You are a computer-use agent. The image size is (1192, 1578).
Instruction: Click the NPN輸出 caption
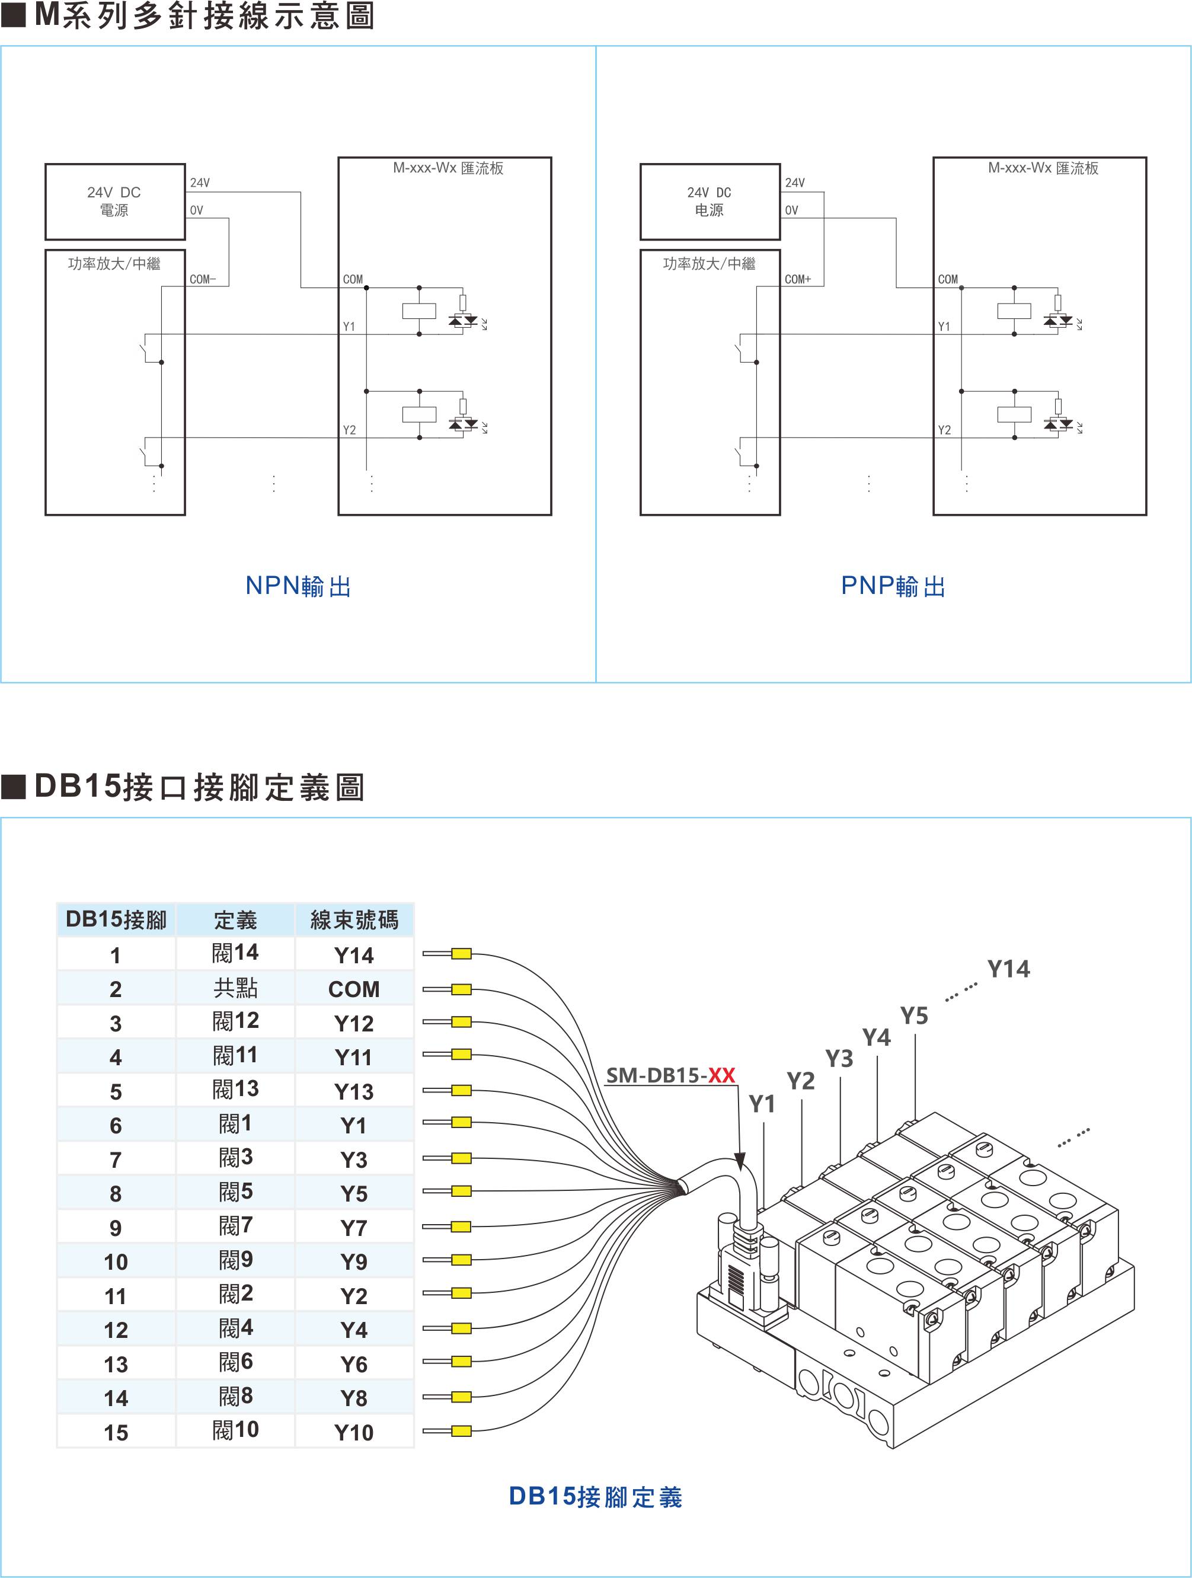(298, 586)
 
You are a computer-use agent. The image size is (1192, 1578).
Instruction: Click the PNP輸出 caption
(893, 586)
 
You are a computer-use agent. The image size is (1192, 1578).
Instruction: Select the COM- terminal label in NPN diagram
(203, 280)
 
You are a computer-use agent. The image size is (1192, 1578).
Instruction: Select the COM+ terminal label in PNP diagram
(797, 280)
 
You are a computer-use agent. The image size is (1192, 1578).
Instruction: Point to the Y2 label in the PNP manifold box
(944, 430)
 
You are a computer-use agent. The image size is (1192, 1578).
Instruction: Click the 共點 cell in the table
(235, 988)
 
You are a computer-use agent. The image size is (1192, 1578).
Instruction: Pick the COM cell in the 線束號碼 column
(354, 989)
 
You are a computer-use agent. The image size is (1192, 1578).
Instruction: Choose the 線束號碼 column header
(354, 919)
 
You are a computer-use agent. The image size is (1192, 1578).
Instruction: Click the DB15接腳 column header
(116, 919)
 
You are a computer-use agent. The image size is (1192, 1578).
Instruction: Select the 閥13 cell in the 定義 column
(235, 1090)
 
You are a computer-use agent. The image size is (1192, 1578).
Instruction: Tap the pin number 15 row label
(116, 1432)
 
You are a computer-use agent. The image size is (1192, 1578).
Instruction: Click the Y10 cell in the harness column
(354, 1432)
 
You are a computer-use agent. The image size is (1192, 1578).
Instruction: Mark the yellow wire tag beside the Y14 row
(461, 954)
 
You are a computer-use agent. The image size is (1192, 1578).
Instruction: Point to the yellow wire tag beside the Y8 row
(461, 1397)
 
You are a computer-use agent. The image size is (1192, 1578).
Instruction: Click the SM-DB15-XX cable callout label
(670, 1075)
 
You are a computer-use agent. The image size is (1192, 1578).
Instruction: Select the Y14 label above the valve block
(1008, 969)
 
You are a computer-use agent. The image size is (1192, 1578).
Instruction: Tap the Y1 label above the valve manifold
(762, 1104)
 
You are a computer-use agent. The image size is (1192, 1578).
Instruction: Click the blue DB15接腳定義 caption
(596, 1497)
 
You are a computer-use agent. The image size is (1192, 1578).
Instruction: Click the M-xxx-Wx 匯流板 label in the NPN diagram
(448, 168)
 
